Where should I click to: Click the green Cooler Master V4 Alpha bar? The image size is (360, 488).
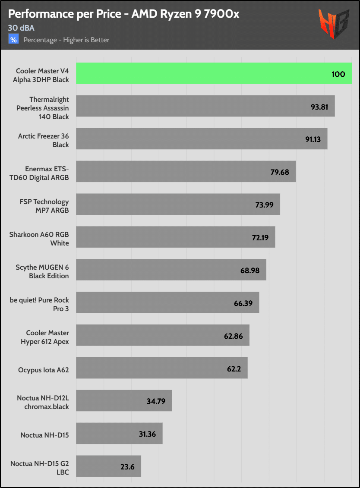[214, 73]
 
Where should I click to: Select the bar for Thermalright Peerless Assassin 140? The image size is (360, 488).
[205, 106]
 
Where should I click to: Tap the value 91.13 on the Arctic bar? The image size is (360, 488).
[314, 139]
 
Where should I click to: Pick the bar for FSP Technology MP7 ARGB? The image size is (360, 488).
[178, 205]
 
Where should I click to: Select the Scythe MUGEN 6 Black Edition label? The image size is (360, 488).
[42, 271]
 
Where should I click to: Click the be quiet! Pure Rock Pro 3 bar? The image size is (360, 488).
[167, 303]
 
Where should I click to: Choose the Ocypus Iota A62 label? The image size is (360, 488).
[44, 370]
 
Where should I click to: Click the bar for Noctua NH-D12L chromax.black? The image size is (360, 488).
[124, 401]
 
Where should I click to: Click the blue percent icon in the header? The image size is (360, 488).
[14, 40]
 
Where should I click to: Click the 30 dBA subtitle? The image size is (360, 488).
[21, 28]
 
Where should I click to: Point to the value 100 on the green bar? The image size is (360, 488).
[338, 74]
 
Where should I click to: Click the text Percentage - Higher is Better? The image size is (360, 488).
[66, 40]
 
